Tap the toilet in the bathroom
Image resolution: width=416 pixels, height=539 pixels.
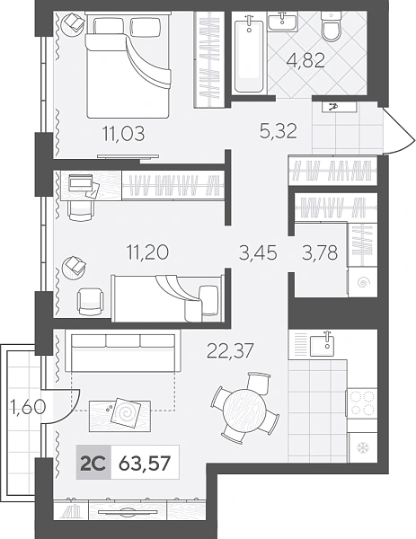click(x=332, y=26)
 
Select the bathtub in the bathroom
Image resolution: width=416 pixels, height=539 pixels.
click(x=250, y=54)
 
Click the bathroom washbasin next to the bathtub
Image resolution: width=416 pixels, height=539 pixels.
click(x=282, y=22)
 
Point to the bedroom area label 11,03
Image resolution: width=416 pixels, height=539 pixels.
click(x=124, y=133)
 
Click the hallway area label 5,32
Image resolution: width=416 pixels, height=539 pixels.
click(x=279, y=130)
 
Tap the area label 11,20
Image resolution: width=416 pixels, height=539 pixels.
click(x=147, y=252)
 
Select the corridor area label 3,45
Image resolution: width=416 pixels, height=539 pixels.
click(x=258, y=252)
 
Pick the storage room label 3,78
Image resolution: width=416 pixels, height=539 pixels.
click(x=320, y=252)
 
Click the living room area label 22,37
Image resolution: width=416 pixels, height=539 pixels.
click(x=230, y=351)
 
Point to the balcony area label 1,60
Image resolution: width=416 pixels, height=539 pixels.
click(x=28, y=407)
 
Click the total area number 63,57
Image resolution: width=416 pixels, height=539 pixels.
click(x=145, y=464)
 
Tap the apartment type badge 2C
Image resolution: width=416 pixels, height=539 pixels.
click(x=93, y=463)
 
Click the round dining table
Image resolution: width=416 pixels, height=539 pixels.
click(x=244, y=411)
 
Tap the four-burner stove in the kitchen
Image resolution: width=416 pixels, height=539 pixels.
click(x=362, y=403)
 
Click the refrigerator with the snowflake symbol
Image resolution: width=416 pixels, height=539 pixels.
click(x=363, y=447)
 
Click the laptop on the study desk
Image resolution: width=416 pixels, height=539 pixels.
click(x=81, y=183)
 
